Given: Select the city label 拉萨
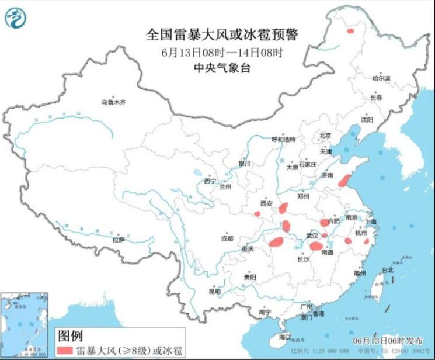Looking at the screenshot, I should [x=119, y=240].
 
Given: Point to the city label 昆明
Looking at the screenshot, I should [x=215, y=290].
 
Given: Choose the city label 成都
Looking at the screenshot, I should [x=227, y=238].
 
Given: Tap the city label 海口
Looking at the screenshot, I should [x=284, y=337].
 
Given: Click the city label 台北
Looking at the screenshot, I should [x=388, y=270].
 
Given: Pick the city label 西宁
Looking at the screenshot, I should [x=210, y=181].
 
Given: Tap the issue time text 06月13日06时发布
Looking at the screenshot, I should [x=391, y=340].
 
